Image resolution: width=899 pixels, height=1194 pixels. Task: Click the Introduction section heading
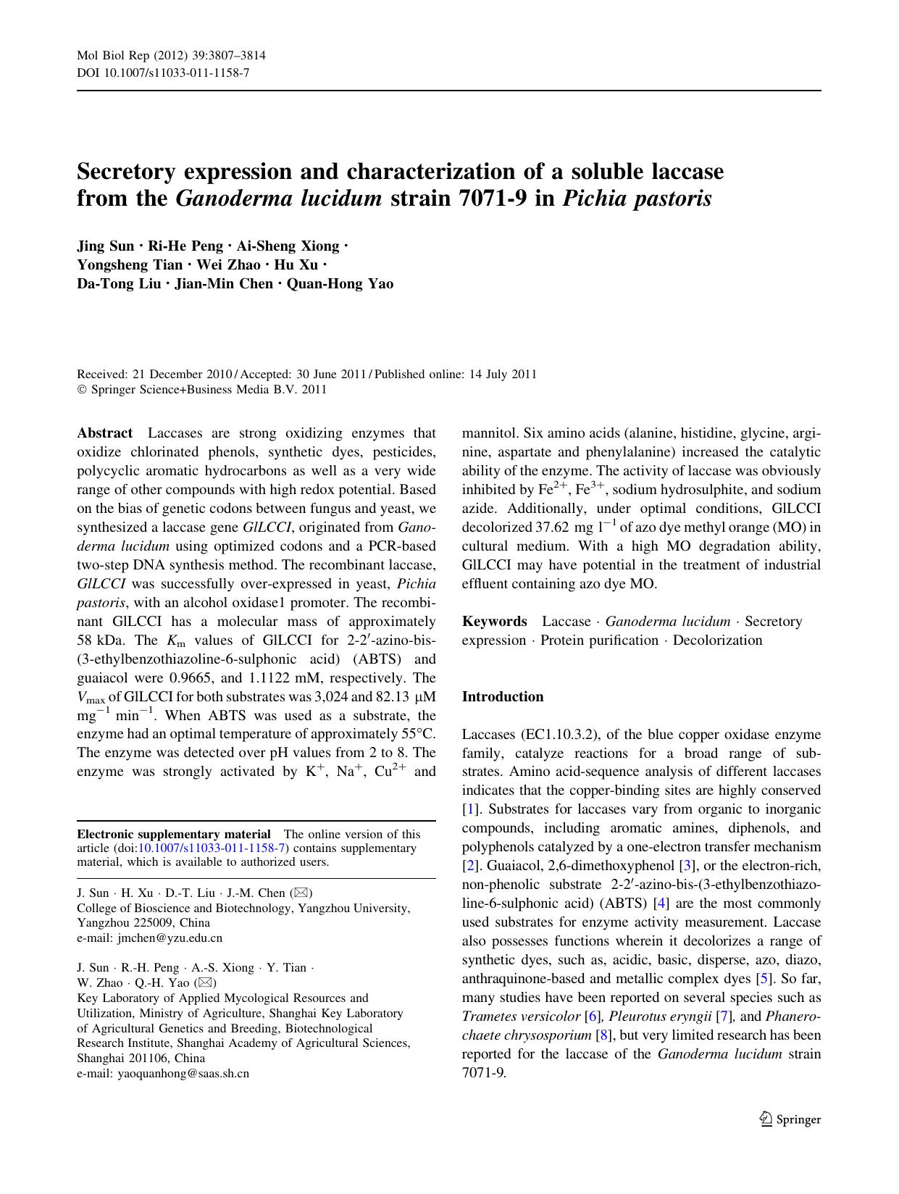click(503, 697)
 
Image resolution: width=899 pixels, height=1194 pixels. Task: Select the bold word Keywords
click(495, 622)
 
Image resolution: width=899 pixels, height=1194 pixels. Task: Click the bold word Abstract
click(105, 433)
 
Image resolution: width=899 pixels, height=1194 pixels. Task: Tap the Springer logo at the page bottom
click(790, 1119)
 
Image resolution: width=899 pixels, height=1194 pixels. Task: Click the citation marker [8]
click(602, 1035)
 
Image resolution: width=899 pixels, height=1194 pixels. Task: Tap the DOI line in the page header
click(163, 72)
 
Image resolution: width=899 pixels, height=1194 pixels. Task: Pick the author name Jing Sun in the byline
click(106, 246)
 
